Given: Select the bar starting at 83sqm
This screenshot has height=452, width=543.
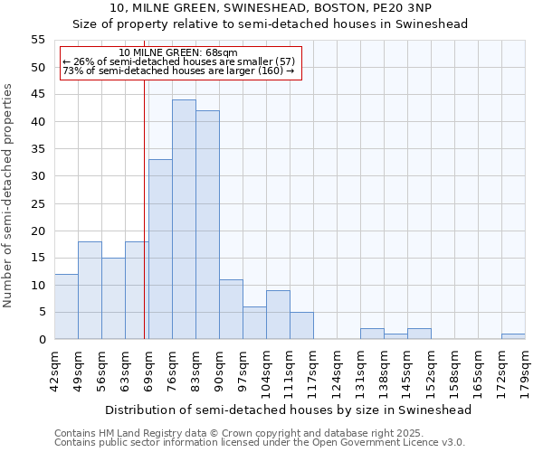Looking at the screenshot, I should pos(207,225).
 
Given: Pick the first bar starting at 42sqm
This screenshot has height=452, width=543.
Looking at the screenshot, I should pos(66,306).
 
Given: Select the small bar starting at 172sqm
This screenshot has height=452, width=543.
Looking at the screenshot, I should pos(513,336).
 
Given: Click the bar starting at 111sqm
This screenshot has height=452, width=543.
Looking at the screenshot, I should pos(301,325).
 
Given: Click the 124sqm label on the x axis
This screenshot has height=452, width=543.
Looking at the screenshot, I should pos(337,371).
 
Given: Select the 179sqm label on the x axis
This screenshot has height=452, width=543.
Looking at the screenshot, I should pos(525,371).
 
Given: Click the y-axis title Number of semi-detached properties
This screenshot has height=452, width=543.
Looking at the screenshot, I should pos(9,195).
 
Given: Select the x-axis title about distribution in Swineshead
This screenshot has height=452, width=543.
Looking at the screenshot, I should pos(289,410).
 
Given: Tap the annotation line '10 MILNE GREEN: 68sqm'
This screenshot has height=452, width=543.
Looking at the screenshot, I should pos(178,53).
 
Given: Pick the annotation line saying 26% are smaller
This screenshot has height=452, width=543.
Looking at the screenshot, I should pos(178,61).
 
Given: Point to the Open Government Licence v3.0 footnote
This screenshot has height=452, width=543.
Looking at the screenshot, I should pos(260,442).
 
